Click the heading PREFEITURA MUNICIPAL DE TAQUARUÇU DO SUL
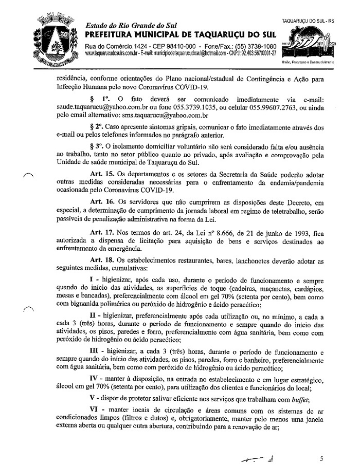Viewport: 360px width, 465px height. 179,34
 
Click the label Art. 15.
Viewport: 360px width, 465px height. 102,173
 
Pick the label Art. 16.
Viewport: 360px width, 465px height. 102,202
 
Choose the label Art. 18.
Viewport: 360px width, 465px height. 102,261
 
